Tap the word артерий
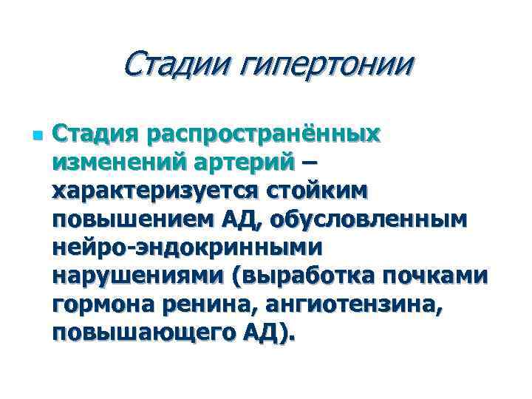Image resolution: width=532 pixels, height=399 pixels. pos(250,164)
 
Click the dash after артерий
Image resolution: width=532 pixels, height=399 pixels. pos(314,164)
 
